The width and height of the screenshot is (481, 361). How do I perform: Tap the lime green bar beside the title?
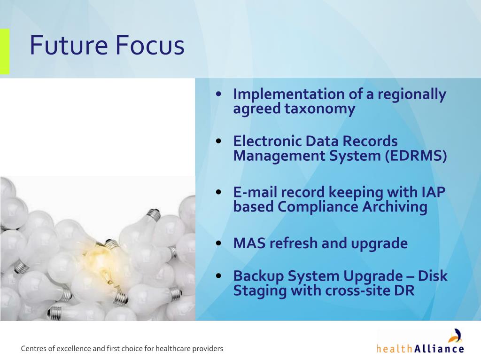coord(5,51)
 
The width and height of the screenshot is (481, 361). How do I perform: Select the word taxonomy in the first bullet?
coord(320,109)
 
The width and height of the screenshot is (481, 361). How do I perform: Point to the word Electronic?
coord(267,141)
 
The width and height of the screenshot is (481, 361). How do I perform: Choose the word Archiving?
coord(395,207)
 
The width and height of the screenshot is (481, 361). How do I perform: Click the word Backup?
coord(258,276)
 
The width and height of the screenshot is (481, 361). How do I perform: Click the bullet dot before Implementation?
coord(218,94)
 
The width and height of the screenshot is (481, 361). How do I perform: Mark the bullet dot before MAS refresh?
coord(218,243)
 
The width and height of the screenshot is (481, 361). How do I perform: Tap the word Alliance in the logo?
coord(439,349)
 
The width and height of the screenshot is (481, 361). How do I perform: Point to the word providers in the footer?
coord(210,349)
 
